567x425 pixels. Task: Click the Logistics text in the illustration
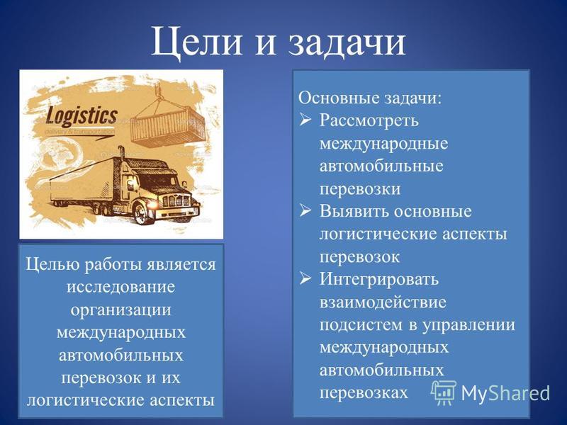[x=82, y=116]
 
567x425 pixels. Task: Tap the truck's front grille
[x=176, y=200]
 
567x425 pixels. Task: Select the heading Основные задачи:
[x=370, y=98]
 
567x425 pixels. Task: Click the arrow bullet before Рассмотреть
[x=305, y=120]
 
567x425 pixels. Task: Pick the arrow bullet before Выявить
[x=305, y=210]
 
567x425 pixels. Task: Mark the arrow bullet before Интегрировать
[x=305, y=278]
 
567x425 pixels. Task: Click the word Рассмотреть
[x=369, y=120]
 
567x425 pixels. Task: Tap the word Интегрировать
[x=379, y=280]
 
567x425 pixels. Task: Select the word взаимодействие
[x=383, y=302]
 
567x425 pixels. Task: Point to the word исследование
[x=120, y=288]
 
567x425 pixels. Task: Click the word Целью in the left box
[x=52, y=265]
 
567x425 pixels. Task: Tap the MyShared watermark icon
[x=444, y=393]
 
